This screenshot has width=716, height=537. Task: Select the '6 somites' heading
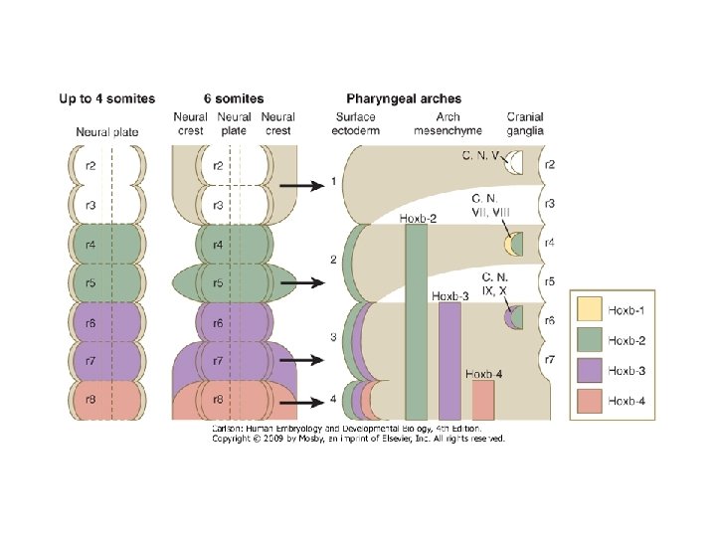[x=233, y=98]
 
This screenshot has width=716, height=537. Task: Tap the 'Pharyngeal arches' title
[x=404, y=98]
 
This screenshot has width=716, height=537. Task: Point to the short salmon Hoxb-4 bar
[x=483, y=400]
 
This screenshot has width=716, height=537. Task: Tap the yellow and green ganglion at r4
[x=513, y=243]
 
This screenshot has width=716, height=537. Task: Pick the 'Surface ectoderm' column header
[x=357, y=124]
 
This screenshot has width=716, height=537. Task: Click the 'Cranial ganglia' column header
[x=525, y=124]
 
